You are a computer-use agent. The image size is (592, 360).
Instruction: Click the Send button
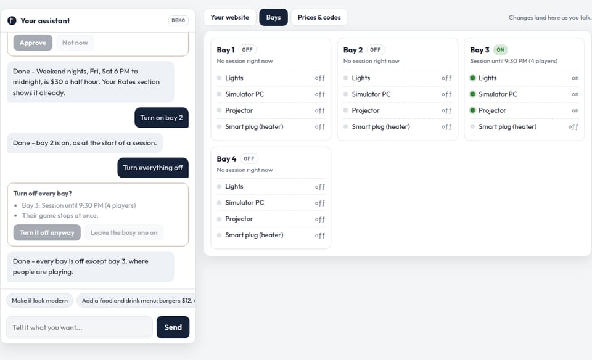pyautogui.click(x=173, y=327)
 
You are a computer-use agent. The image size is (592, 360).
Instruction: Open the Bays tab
pyautogui.click(x=273, y=17)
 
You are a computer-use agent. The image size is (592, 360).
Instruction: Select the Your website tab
pyautogui.click(x=229, y=17)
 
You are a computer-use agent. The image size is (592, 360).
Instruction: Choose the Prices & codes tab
pyautogui.click(x=319, y=17)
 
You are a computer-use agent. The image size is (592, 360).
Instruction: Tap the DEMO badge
pyautogui.click(x=178, y=20)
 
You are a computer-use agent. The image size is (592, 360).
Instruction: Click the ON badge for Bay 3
pyautogui.click(x=500, y=50)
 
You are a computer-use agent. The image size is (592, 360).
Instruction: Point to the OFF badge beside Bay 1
pyautogui.click(x=247, y=50)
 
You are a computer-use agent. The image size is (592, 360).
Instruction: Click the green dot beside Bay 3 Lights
pyautogui.click(x=472, y=78)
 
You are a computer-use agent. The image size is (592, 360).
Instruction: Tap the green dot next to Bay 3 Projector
pyautogui.click(x=472, y=110)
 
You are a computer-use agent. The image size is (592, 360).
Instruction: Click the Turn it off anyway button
pyautogui.click(x=47, y=232)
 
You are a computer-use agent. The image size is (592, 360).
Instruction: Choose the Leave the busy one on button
pyautogui.click(x=124, y=232)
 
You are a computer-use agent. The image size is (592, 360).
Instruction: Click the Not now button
pyautogui.click(x=75, y=43)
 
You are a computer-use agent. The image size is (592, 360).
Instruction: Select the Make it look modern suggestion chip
pyautogui.click(x=39, y=301)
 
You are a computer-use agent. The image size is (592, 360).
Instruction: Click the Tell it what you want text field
pyautogui.click(x=80, y=327)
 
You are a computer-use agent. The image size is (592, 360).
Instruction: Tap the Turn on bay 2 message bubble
pyautogui.click(x=162, y=118)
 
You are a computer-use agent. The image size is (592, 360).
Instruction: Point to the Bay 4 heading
pyautogui.click(x=226, y=159)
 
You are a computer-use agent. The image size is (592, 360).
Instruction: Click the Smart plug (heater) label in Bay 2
pyautogui.click(x=380, y=127)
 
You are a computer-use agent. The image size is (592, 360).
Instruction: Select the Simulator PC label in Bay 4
pyautogui.click(x=245, y=203)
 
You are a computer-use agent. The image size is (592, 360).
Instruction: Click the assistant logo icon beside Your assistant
pyautogui.click(x=12, y=21)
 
